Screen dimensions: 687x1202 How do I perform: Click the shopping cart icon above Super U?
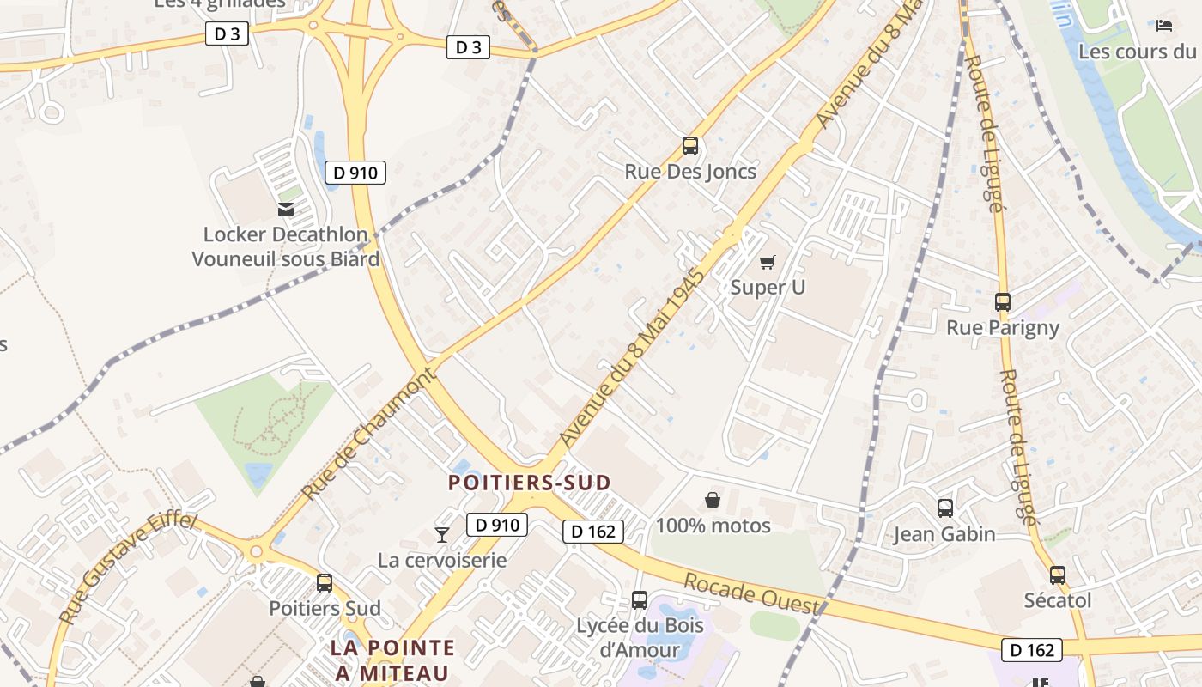point(767,262)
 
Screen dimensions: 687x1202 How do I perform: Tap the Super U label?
point(768,287)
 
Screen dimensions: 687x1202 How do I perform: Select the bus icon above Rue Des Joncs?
point(690,146)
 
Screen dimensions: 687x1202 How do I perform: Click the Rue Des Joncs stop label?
point(690,172)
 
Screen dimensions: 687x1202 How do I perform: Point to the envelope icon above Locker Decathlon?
point(286,209)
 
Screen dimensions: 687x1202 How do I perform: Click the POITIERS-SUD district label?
point(529,483)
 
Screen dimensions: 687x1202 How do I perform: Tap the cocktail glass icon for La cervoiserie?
point(442,535)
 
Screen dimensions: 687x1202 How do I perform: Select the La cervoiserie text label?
point(442,561)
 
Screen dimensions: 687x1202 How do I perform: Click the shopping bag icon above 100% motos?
point(713,500)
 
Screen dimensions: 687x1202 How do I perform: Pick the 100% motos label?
point(713,525)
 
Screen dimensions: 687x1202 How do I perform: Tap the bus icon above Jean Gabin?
point(945,508)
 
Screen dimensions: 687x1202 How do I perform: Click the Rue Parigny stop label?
point(1003,327)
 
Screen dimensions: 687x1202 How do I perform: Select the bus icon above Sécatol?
point(1058,575)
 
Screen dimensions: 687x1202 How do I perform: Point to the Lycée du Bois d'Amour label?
point(640,636)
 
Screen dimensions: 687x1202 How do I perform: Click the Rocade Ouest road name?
point(751,593)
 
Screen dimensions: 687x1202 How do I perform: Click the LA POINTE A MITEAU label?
point(393,660)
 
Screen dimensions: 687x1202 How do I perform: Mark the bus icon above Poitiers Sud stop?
point(325,583)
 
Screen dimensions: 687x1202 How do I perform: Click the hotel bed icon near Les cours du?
point(1164,26)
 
